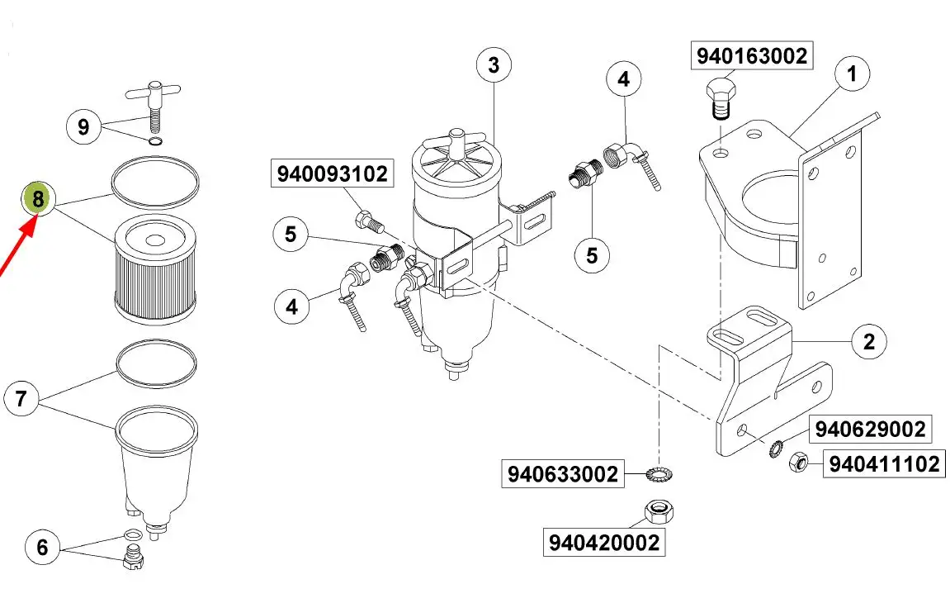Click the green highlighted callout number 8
[38, 198]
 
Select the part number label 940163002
[751, 56]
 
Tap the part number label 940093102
[332, 174]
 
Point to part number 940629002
[870, 429]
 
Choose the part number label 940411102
[884, 464]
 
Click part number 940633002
[562, 474]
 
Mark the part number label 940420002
[603, 543]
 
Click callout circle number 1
[852, 74]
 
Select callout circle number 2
[869, 341]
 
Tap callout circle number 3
[494, 65]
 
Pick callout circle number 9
[83, 127]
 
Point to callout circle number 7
[21, 399]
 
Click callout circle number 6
[42, 547]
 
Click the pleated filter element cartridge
[156, 269]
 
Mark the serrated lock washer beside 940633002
[659, 473]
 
